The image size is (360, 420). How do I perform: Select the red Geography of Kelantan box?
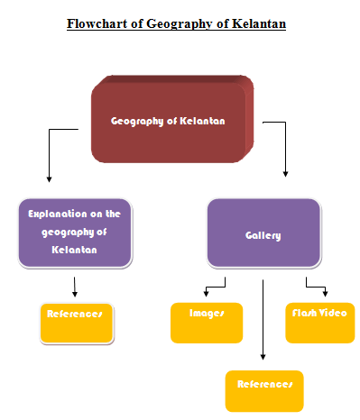(172, 119)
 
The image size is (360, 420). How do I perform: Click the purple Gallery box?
(263, 233)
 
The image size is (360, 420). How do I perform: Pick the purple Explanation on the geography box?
(75, 233)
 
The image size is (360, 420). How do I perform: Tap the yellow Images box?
(207, 323)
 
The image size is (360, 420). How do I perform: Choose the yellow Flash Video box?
(320, 323)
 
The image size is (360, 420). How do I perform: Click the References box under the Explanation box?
(77, 324)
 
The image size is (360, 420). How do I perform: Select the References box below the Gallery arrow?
(264, 391)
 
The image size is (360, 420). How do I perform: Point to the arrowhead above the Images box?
(206, 294)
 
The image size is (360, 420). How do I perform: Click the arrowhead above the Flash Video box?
(325, 294)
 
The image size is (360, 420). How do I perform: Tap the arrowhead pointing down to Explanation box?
(49, 179)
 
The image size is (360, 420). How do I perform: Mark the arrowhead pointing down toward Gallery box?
(285, 174)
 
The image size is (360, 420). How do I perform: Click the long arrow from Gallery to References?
(263, 320)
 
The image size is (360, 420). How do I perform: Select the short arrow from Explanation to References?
(75, 287)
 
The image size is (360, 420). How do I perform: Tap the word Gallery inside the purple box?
(263, 236)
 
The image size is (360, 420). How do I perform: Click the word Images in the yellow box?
(207, 314)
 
